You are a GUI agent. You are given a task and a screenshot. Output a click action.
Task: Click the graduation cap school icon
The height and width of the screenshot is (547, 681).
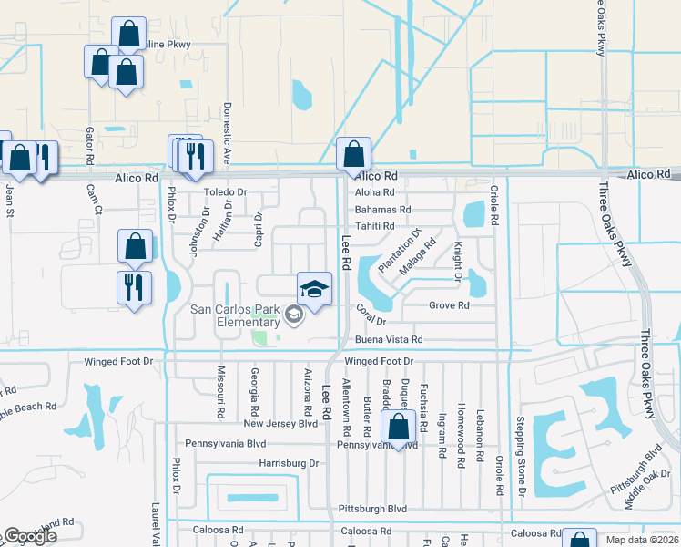[x=314, y=290]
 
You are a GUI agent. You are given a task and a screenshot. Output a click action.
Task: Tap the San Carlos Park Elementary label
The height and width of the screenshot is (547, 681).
[x=235, y=315]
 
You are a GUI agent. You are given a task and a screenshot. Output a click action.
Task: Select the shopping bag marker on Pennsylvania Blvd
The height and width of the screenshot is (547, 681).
[x=399, y=427]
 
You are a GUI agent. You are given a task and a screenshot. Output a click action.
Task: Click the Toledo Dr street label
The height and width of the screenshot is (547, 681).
[x=225, y=192]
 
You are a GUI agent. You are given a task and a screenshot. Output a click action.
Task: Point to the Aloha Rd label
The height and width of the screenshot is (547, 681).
[x=374, y=192]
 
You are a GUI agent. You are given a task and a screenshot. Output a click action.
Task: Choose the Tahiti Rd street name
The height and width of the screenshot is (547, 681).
[x=374, y=226]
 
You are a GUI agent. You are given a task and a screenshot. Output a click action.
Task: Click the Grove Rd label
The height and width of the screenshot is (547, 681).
[x=449, y=305]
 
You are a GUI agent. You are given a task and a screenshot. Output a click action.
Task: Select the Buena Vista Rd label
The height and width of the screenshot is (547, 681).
[x=389, y=339]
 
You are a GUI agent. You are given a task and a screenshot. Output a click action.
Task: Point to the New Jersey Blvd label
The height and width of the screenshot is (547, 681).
[x=280, y=424]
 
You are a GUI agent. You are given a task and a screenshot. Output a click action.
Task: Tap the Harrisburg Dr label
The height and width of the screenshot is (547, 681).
[x=289, y=463]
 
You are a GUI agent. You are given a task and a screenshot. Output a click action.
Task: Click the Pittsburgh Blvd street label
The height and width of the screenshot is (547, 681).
[x=371, y=509]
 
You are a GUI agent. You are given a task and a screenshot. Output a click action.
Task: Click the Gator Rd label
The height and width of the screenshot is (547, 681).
[x=90, y=146]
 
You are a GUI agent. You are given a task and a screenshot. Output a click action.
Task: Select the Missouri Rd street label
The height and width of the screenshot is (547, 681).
[x=220, y=393]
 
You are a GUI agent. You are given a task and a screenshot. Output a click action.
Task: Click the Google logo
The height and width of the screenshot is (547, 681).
[x=30, y=536]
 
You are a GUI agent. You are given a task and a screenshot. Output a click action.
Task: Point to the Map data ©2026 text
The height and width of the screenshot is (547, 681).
[x=642, y=540]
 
